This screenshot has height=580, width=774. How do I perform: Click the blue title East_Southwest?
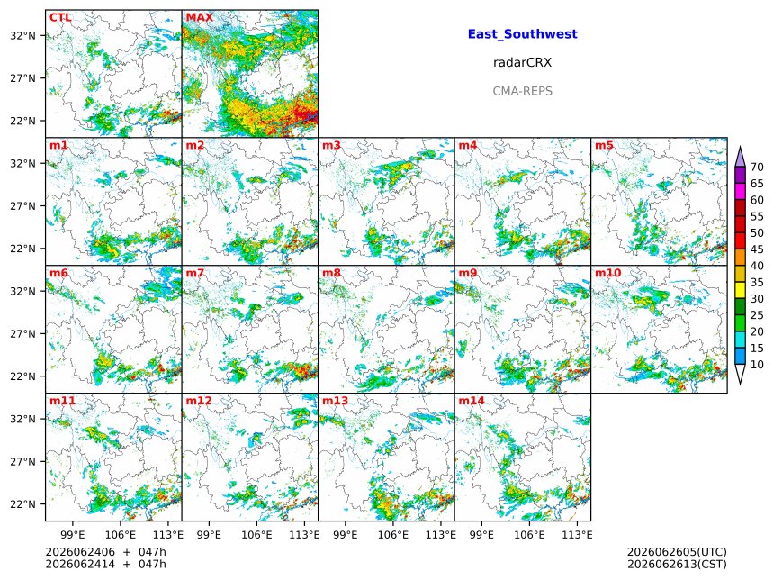click(522, 34)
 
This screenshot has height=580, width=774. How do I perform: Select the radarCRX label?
click(522, 62)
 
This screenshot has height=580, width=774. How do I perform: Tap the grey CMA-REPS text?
click(522, 91)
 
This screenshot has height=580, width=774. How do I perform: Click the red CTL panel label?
click(60, 17)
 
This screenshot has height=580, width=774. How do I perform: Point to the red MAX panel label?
click(200, 17)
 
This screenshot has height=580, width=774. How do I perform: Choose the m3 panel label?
click(332, 145)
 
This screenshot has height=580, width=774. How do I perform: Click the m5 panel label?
click(604, 145)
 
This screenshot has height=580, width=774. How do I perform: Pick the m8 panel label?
click(332, 273)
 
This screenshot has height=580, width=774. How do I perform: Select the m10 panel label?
click(608, 273)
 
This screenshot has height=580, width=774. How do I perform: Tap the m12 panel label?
click(199, 401)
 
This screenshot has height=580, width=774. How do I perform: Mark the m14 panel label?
click(472, 401)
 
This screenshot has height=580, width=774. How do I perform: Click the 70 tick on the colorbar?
click(757, 167)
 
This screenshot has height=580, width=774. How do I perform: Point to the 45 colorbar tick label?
click(757, 249)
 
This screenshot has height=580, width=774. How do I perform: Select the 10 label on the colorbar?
click(757, 365)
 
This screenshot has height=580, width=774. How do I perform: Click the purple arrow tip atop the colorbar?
click(740, 147)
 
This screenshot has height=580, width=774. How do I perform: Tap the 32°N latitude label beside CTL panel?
click(23, 35)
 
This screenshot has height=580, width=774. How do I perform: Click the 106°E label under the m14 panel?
click(530, 535)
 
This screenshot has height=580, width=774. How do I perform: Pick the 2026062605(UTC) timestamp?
click(677, 552)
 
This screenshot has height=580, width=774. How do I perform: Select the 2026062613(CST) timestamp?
click(677, 564)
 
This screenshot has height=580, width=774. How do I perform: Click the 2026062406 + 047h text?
click(105, 552)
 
